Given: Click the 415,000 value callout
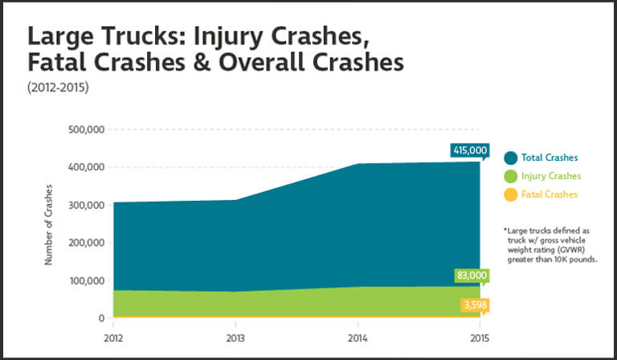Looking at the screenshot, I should pos(469,149).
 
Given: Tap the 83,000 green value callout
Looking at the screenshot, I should pos(471,276).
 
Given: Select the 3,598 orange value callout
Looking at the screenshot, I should pos(474,305).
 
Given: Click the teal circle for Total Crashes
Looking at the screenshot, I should pos(510,157).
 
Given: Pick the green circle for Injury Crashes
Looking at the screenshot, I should pos(510,176).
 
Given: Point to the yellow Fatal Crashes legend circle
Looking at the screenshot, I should pos(510,194).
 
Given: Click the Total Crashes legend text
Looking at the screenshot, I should pos(549,157).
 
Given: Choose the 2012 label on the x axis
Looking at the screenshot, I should pos(112,338).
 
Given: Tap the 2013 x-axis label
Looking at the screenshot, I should pos(235,338).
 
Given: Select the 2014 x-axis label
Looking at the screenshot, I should pos(357,338).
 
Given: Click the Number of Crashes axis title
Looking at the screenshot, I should pos(48,224).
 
